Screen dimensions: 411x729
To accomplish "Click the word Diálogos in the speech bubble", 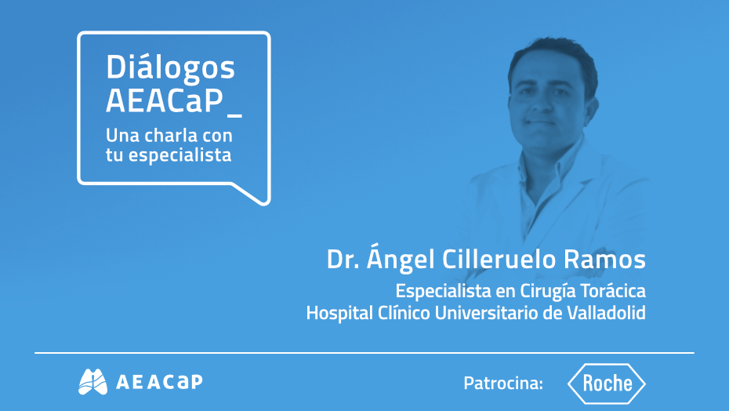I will [170, 70].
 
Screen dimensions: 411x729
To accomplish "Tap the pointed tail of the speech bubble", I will [256, 194].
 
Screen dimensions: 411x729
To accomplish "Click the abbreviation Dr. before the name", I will [343, 260].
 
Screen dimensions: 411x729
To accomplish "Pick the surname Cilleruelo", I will [507, 260].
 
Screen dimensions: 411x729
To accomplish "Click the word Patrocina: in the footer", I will [503, 384].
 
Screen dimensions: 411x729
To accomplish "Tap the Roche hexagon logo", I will [607, 384].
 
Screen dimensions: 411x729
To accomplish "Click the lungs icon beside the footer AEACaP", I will [92, 382].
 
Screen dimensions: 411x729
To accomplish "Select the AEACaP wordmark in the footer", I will [158, 383].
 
